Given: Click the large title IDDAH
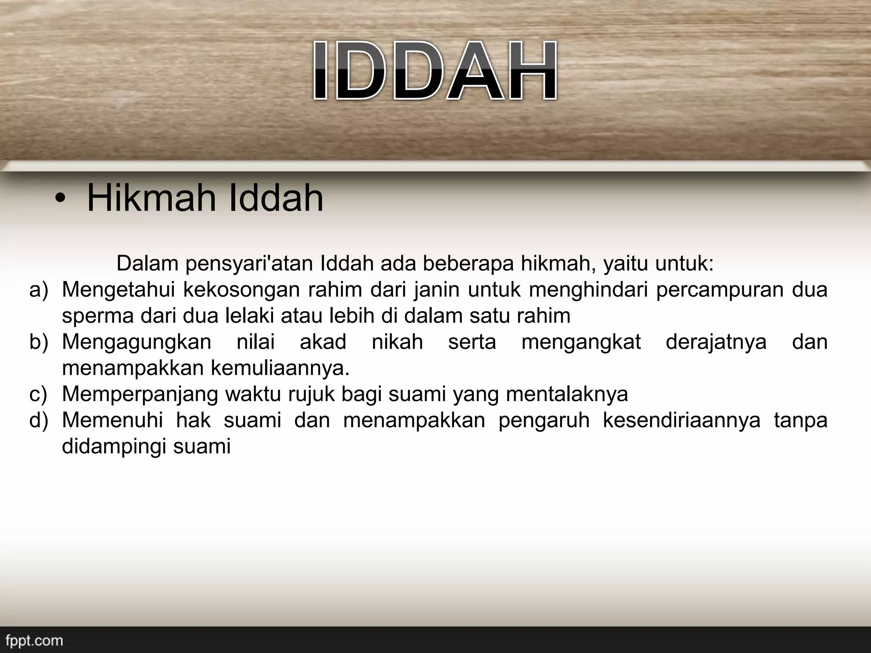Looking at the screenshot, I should tap(435, 71).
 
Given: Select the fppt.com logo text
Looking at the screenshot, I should tap(34, 640).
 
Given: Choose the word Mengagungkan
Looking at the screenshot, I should tap(137, 343).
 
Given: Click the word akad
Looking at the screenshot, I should tap(323, 342).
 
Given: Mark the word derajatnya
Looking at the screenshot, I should tap(716, 343).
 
